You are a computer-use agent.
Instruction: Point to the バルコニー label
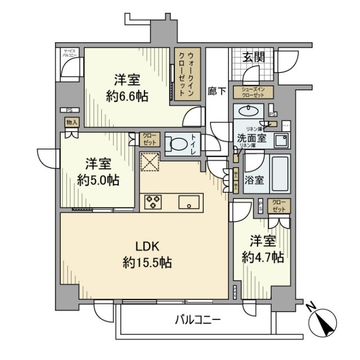pos(197,320)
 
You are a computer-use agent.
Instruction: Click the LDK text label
pos(149,246)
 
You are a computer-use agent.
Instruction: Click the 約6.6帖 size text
pos(128,96)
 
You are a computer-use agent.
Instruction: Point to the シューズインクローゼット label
pos(256,92)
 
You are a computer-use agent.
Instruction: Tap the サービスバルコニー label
pos(70,53)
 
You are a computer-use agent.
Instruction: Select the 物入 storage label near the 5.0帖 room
pos(71,122)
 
